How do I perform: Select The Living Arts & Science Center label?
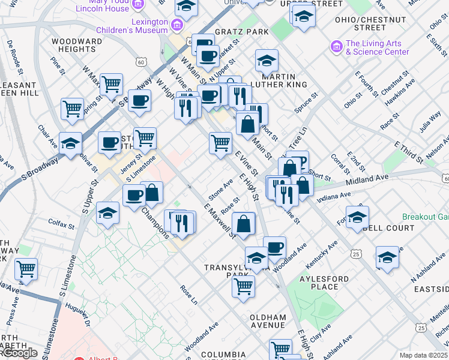[x=377, y=47]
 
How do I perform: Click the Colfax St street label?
[x=61, y=227]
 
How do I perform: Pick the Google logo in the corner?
[x=19, y=353]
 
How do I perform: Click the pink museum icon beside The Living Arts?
[x=336, y=46]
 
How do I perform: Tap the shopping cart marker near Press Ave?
[x=26, y=269]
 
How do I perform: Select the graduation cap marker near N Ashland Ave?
[x=387, y=257]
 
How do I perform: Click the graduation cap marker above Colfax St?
[x=108, y=212]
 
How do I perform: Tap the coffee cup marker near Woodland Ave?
[x=275, y=247]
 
